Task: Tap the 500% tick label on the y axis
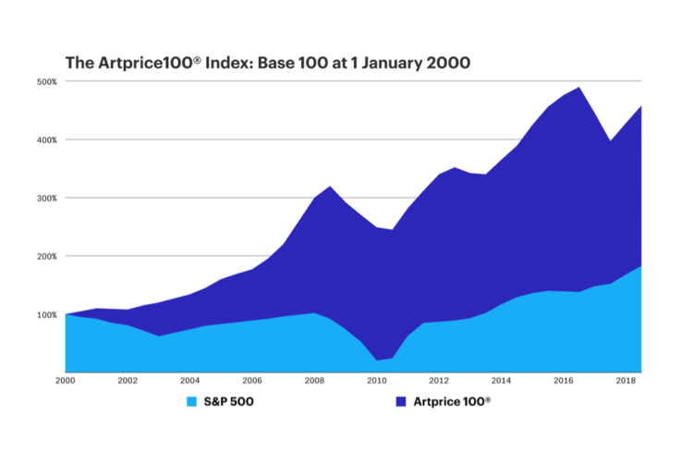click(x=47, y=81)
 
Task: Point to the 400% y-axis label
click(x=47, y=140)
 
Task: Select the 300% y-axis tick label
click(x=47, y=198)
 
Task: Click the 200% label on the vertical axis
click(x=47, y=256)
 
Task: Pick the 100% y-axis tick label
click(x=47, y=314)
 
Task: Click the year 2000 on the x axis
click(x=65, y=380)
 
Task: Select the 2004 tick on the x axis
click(x=189, y=380)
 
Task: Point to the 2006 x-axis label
click(x=251, y=380)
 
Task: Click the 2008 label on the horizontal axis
click(x=314, y=380)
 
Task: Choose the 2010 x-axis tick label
click(x=376, y=380)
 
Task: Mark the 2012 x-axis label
click(x=439, y=380)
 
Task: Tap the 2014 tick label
click(x=501, y=380)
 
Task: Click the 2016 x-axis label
click(x=564, y=380)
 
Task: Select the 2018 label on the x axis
click(x=626, y=380)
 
